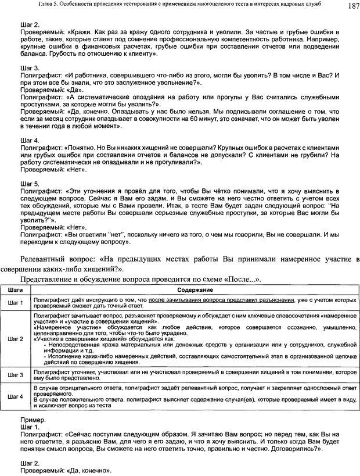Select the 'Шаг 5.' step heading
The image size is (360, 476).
click(30, 182)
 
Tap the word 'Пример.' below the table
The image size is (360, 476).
click(33, 418)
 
